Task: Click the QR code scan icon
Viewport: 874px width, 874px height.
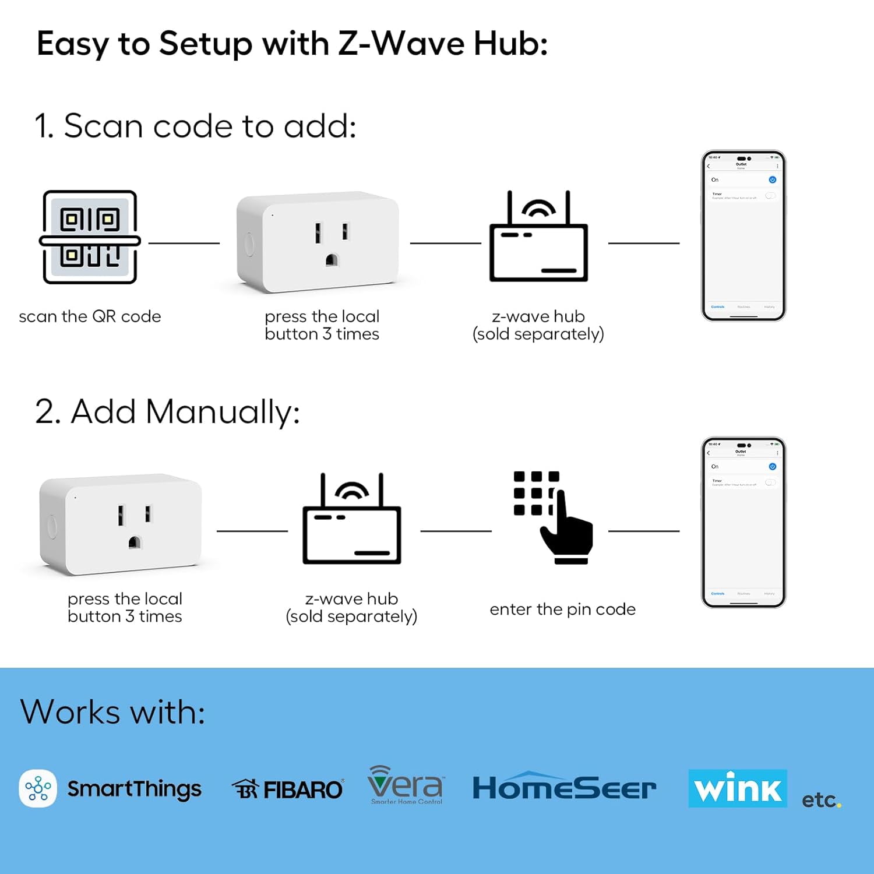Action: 90,237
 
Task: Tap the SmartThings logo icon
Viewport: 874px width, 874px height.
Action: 38,788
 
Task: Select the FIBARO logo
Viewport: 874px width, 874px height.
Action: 288,790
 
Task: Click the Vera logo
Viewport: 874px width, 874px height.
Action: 406,785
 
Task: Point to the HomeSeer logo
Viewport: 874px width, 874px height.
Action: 563,788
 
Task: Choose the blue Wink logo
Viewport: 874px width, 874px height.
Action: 737,788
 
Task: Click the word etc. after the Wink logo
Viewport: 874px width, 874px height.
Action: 820,800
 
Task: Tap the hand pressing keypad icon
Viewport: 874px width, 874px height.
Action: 553,517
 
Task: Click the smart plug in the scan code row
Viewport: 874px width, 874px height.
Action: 318,242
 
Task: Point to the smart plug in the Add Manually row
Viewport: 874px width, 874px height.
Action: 121,524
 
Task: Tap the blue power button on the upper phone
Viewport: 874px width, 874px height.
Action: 772,180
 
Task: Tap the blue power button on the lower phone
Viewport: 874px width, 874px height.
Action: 772,467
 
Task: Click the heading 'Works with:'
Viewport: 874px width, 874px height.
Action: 112,711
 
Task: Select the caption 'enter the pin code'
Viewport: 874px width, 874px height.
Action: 562,609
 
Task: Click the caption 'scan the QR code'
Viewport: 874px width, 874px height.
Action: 90,316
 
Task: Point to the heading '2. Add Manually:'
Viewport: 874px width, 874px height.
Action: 167,411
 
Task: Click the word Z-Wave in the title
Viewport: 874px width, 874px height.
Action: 401,44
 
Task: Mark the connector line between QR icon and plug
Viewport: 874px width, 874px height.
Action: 184,243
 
